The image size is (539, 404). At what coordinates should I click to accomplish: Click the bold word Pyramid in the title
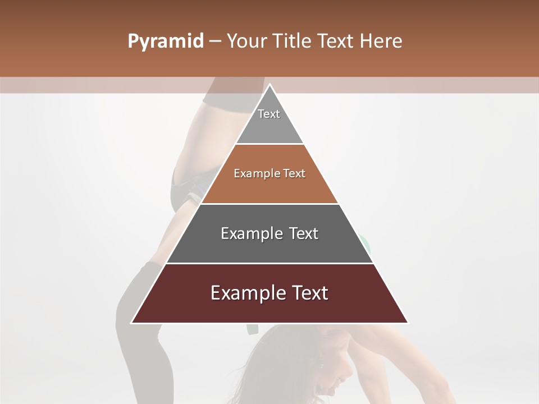point(166,42)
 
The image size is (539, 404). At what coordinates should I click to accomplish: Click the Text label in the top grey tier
point(269,114)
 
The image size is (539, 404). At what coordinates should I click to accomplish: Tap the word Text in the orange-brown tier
point(295,174)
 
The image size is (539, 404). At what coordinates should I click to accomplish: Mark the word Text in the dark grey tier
point(304,233)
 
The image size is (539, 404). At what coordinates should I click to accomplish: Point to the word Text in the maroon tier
point(308,293)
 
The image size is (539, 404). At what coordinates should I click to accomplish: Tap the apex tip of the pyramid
point(269,85)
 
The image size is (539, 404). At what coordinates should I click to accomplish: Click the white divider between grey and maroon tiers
point(269,263)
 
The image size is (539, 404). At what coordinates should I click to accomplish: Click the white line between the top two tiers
point(269,144)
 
